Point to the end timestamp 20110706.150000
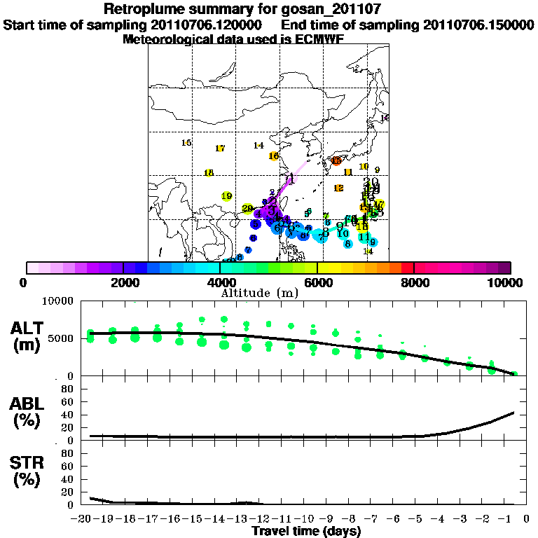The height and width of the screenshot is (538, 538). click(479, 25)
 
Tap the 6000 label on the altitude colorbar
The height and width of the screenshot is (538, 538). click(317, 282)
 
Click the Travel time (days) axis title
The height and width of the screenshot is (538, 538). click(306, 532)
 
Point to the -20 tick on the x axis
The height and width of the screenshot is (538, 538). click(83, 519)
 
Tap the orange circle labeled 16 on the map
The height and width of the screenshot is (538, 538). click(273, 156)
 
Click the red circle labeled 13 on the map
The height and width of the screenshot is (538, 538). click(336, 161)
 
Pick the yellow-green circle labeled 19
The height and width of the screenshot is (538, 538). click(226, 197)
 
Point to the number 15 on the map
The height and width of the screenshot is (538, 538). click(186, 143)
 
